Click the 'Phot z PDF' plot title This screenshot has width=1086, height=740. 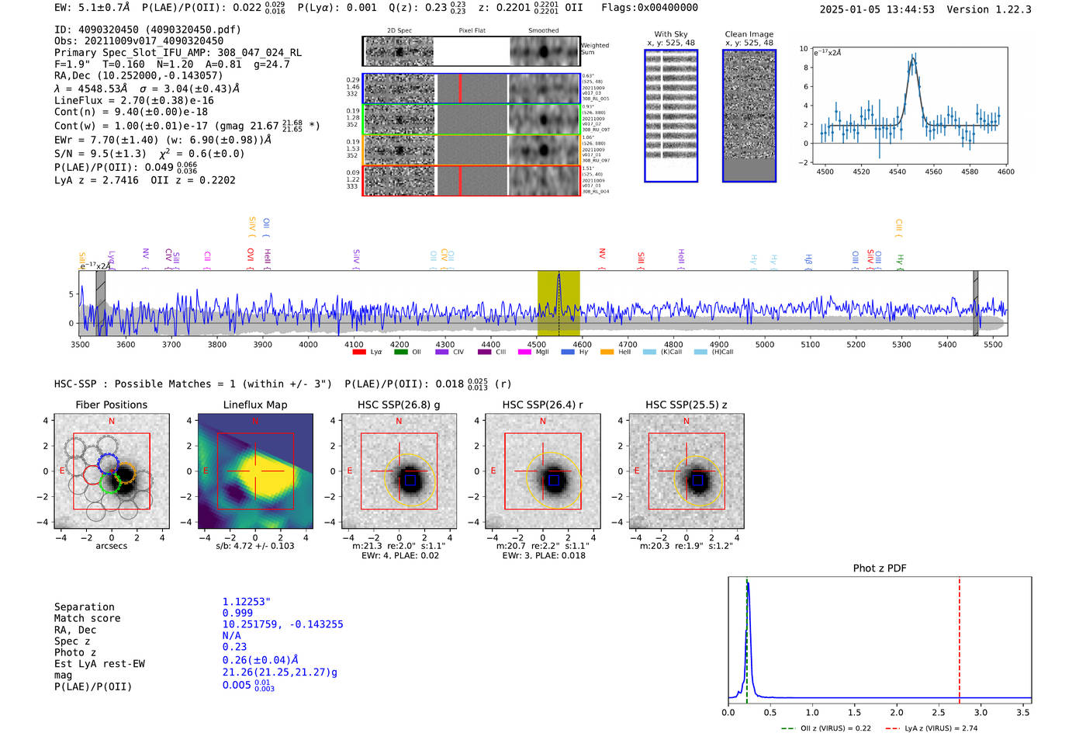click(880, 568)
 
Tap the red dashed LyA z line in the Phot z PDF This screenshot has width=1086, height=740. click(960, 637)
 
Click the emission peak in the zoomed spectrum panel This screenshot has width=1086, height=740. click(913, 58)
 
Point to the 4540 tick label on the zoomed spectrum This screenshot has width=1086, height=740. click(898, 172)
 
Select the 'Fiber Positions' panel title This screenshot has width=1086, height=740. click(111, 405)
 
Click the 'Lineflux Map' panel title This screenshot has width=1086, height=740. click(254, 405)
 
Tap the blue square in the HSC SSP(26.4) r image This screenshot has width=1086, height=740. click(554, 481)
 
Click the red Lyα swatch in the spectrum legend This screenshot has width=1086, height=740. click(359, 352)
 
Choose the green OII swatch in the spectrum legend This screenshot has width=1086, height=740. click(400, 352)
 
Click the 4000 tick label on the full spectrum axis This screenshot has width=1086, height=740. click(308, 345)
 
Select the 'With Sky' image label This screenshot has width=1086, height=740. click(670, 34)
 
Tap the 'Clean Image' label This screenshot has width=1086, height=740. click(749, 34)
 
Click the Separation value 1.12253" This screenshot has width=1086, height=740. click(246, 602)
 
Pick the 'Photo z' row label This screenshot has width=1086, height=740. click(75, 652)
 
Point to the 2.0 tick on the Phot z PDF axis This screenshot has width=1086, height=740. click(896, 712)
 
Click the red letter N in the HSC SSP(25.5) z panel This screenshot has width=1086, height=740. click(686, 421)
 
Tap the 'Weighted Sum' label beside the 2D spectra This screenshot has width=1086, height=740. click(595, 49)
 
